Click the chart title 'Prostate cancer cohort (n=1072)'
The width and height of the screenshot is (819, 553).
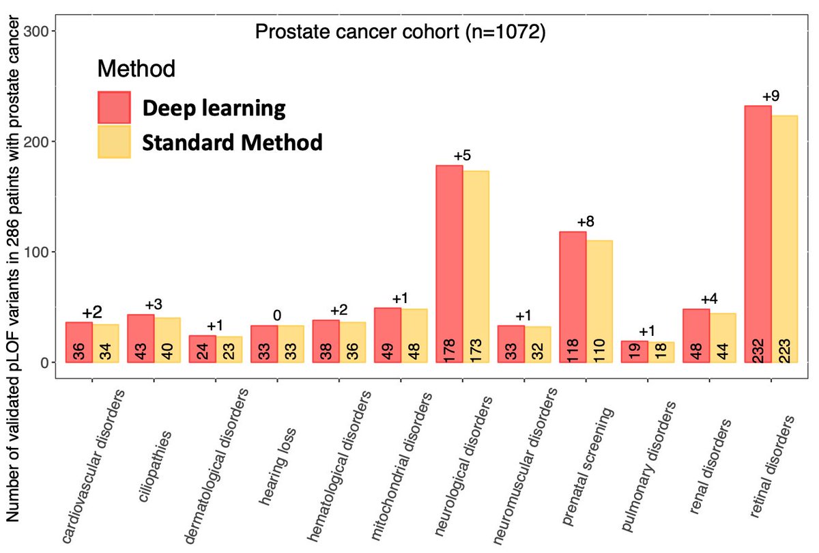click(x=400, y=32)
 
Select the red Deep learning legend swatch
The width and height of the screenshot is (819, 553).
click(x=114, y=108)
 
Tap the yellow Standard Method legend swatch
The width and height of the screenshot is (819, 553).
click(x=114, y=141)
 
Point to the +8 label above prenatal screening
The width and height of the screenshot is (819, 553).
click(x=586, y=222)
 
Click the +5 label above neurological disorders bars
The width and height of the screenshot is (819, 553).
click(x=463, y=156)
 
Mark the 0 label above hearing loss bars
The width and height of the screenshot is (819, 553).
click(x=277, y=315)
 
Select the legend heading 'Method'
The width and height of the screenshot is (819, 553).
click(x=136, y=68)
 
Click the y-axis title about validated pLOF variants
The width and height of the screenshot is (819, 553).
click(x=14, y=273)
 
